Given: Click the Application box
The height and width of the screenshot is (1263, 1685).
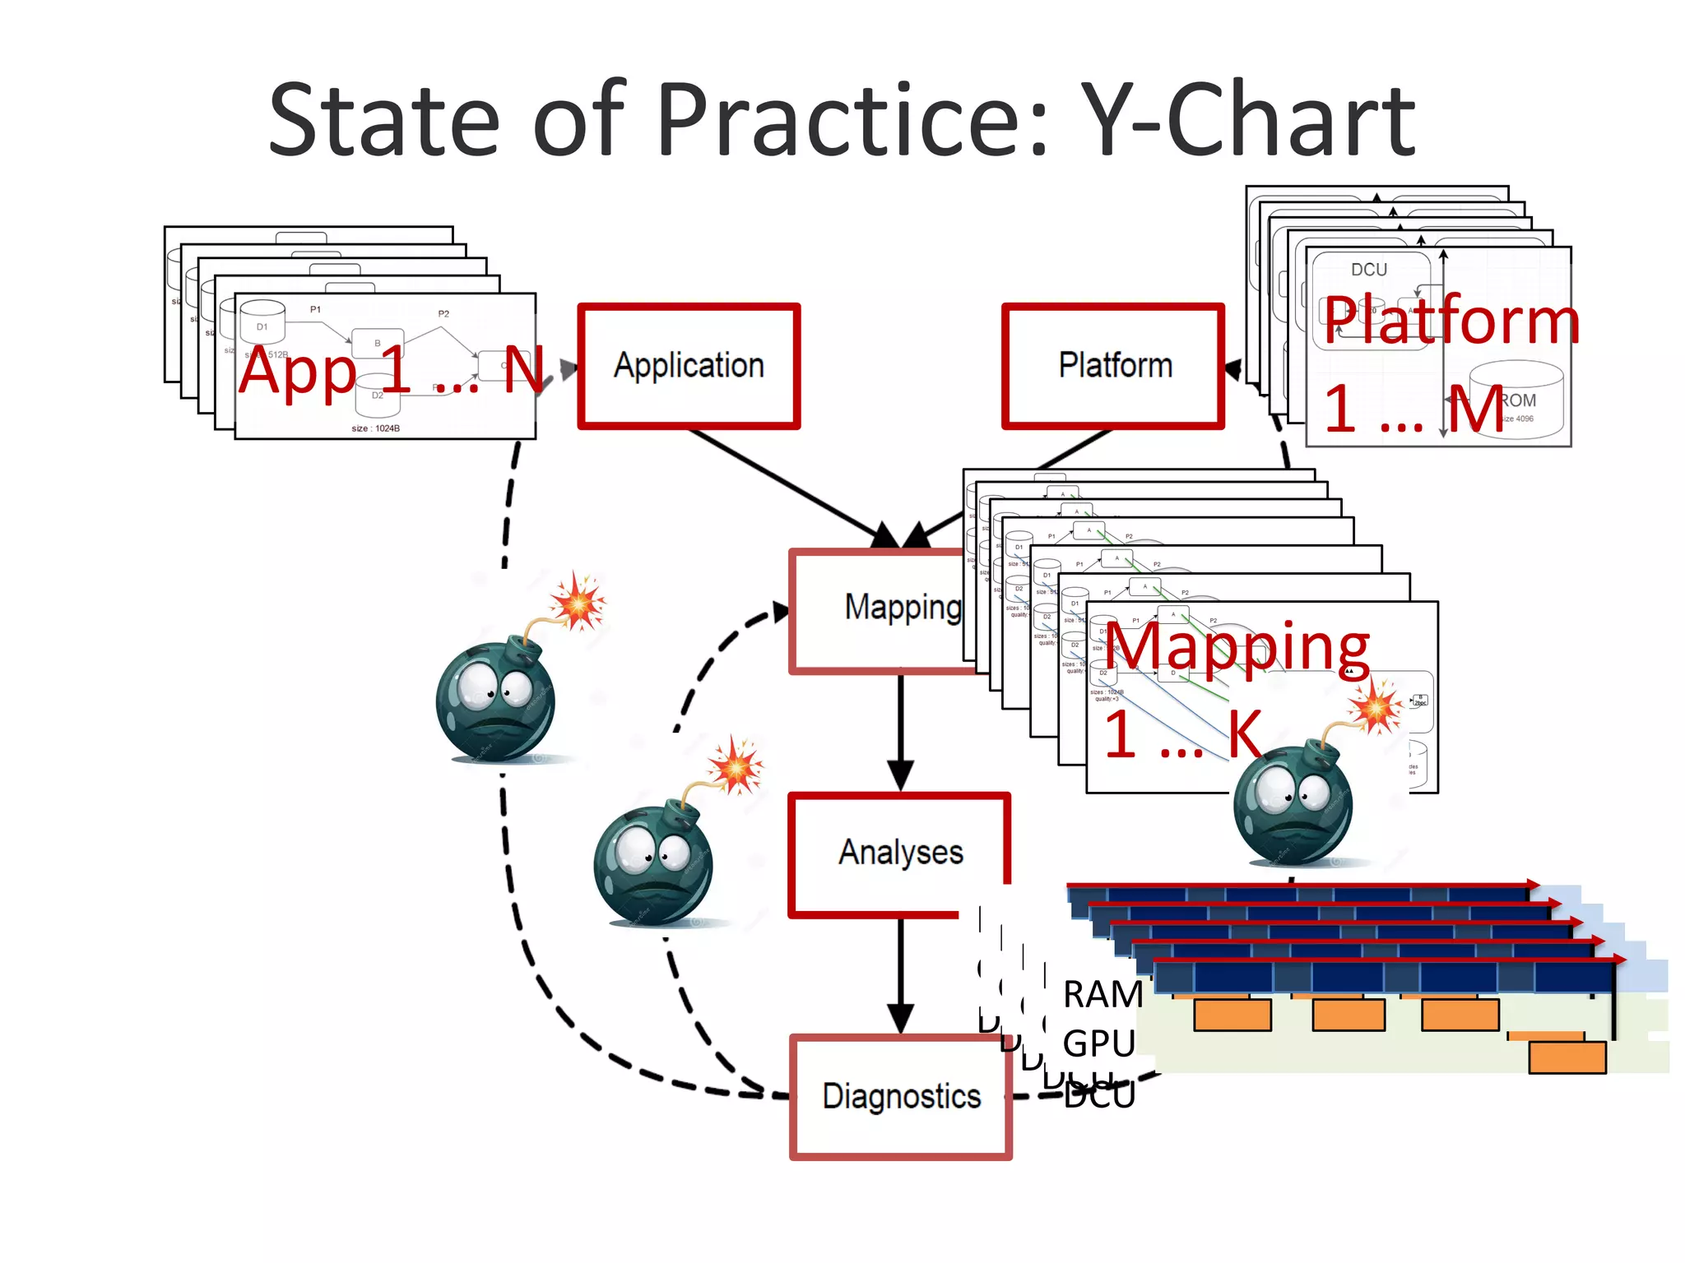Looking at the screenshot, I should (x=689, y=366).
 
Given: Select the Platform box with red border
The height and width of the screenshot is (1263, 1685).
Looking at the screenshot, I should (x=1113, y=366).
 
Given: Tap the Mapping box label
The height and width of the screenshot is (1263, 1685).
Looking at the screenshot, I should (x=902, y=608).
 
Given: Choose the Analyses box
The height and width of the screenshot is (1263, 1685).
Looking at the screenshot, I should (x=900, y=853).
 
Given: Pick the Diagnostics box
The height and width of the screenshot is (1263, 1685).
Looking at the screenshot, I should (x=901, y=1097).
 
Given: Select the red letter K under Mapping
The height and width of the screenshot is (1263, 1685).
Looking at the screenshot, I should (x=1244, y=734).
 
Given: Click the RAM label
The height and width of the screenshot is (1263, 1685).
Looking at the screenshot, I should (x=1102, y=995).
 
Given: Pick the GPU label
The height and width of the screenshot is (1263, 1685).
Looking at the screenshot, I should (x=1098, y=1043).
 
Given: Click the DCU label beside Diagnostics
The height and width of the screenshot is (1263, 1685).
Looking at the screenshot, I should (x=1099, y=1096).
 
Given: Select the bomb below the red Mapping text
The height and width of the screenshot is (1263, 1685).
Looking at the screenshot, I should (x=1293, y=802).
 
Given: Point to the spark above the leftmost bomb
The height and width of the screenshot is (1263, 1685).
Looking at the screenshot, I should (x=578, y=602).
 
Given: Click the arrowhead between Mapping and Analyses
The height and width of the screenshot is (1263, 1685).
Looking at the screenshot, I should (x=901, y=774).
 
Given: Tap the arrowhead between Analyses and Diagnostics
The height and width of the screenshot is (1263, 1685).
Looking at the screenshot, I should (x=901, y=1017).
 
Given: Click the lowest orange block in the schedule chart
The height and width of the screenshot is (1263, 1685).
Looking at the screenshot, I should (x=1567, y=1057).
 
